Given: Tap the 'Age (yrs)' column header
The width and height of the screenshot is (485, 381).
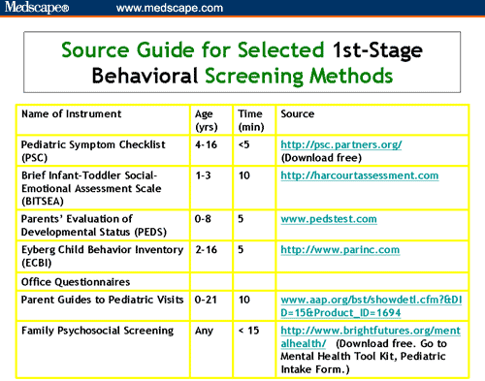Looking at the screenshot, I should pos(207,120).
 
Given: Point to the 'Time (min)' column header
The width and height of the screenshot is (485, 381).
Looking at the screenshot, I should pos(249,120).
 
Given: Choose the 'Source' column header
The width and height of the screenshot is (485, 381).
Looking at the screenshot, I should pos(297,113).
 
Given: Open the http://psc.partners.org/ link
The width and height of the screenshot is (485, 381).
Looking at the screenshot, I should pos(340,143).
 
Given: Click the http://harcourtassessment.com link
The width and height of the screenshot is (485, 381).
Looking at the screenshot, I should pos(359,175).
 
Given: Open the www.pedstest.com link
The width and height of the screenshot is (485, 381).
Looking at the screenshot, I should pos(323,219).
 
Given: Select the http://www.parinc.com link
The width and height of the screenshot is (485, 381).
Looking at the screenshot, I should pos(339,250).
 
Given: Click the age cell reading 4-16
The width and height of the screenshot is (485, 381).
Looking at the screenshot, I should pos(206,143).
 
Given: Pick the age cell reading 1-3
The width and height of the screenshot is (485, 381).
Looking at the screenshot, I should pos(203,175).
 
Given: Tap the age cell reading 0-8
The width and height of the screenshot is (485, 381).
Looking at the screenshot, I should pos(203,219).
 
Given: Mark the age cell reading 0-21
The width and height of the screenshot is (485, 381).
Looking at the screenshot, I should pos(206,301).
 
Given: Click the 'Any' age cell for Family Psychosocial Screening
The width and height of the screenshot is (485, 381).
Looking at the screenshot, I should pos(204,332).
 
